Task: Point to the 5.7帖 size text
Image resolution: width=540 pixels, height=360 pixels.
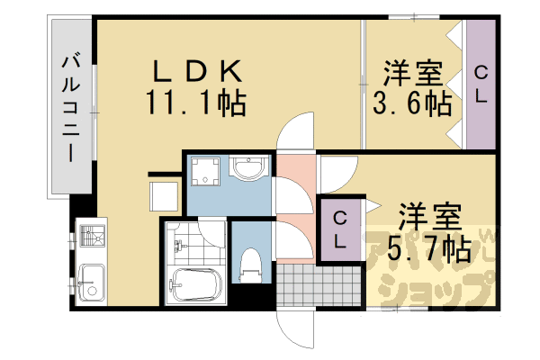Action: [428, 247]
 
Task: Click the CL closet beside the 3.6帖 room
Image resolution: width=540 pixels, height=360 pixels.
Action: [481, 84]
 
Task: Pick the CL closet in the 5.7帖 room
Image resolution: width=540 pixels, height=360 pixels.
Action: [340, 229]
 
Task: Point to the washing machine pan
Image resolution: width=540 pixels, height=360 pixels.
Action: [207, 176]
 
